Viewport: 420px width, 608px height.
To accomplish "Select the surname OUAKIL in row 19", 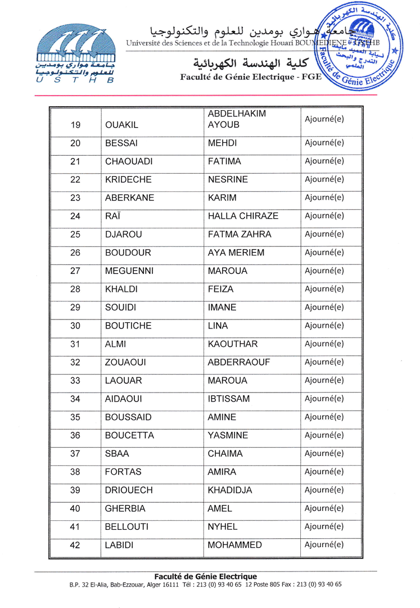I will click(122, 124).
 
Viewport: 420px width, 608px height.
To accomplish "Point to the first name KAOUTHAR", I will click(232, 344).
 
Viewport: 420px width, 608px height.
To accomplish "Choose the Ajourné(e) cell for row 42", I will click(324, 544).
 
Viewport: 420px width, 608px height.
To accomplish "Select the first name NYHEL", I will click(223, 527).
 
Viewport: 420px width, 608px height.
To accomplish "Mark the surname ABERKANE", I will click(130, 197).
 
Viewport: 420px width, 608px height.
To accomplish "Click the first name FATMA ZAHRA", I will click(240, 234).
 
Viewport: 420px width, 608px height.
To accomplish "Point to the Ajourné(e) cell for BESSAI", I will click(324, 142).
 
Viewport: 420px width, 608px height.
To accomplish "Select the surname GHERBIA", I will click(126, 509).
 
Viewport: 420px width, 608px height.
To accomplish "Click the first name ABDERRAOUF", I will click(240, 362).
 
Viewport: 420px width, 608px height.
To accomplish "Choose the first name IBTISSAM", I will click(229, 399).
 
